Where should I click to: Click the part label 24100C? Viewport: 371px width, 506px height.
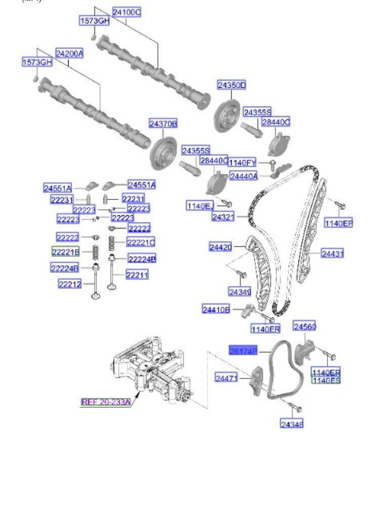(127, 12)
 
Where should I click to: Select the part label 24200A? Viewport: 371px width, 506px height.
(69, 53)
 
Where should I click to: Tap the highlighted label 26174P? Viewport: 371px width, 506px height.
(243, 351)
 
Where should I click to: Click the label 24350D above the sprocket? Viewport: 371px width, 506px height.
(231, 86)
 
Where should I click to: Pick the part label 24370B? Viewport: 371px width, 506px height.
(163, 123)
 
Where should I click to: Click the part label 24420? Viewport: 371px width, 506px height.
(221, 247)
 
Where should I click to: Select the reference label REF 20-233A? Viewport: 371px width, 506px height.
(106, 402)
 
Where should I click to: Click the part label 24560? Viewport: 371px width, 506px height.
(305, 327)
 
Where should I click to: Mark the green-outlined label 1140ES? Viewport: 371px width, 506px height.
(326, 381)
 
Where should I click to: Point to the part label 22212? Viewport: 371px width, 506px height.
(70, 284)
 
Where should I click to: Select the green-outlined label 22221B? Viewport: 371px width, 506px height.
(65, 251)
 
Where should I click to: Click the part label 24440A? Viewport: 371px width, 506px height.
(244, 176)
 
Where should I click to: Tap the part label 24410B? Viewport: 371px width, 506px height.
(216, 309)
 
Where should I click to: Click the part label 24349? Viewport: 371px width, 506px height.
(240, 291)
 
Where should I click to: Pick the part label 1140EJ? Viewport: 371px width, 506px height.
(200, 205)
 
